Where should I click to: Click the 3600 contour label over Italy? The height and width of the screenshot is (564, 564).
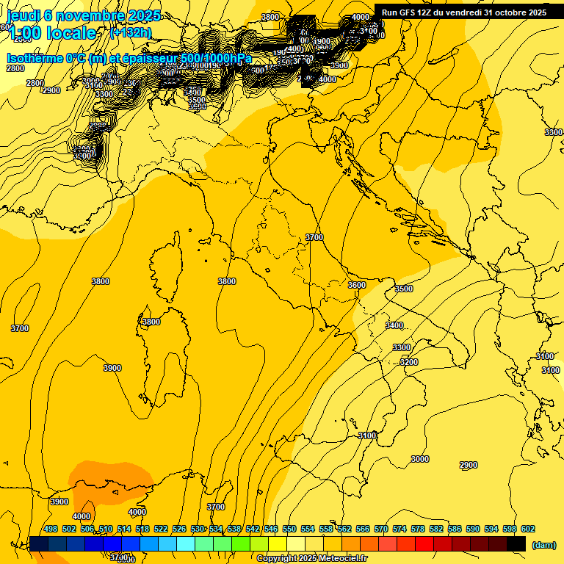(x=357, y=285)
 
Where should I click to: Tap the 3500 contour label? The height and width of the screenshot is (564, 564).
(x=404, y=289)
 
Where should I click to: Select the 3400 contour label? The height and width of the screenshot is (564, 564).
(x=394, y=325)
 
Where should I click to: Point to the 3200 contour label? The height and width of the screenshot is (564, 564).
(x=408, y=362)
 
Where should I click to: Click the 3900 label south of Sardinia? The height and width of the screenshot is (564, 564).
(x=112, y=368)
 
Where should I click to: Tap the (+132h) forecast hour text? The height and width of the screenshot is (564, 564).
(x=130, y=33)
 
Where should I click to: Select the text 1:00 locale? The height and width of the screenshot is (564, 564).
(x=51, y=33)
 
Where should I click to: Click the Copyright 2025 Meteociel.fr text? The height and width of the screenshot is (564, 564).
(x=311, y=559)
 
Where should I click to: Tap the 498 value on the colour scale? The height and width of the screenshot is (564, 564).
(x=51, y=529)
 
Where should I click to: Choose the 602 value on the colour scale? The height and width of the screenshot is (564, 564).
(x=528, y=529)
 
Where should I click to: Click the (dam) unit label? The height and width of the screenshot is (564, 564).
(x=544, y=544)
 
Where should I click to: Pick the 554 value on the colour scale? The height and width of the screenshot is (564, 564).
(x=308, y=529)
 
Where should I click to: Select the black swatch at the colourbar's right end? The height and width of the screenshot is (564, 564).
(x=516, y=543)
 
